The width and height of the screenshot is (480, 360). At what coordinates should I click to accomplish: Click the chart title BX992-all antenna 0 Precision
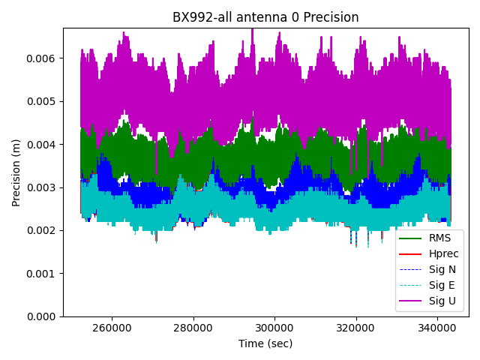(x=265, y=17)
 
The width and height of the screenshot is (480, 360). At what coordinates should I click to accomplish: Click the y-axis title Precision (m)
(x=16, y=172)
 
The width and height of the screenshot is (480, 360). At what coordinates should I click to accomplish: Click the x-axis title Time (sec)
(x=265, y=343)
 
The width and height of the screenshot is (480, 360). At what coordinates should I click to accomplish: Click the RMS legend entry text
(x=440, y=238)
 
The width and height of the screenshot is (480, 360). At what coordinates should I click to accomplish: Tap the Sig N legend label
(x=442, y=270)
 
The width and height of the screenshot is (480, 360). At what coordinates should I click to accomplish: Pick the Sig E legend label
(x=442, y=286)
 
